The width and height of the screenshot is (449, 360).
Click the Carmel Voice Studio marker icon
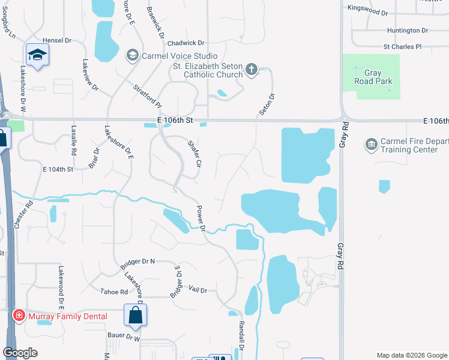coord(131,56)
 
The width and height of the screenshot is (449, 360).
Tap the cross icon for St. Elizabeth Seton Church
coord(252,70)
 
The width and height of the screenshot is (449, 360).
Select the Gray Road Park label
coord(372,77)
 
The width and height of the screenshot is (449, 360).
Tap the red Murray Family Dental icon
coord(19,316)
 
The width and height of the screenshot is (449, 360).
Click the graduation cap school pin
coord(37,56)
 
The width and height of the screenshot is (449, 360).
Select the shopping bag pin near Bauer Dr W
coord(136,316)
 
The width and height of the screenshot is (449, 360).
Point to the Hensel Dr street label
coord(57,40)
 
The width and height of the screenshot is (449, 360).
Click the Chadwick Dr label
coord(186,43)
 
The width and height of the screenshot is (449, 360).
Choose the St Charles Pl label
coord(403,46)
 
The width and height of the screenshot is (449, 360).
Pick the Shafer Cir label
coord(194,154)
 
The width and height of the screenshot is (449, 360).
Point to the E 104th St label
coord(57,170)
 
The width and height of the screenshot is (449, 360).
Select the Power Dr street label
coord(201,219)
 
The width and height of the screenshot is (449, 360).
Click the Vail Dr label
coord(197,290)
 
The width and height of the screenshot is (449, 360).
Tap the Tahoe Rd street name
coord(115,292)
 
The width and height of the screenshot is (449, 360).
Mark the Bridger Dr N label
coord(137,263)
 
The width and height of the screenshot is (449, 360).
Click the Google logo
coord(20,353)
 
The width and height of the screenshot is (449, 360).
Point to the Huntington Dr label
coord(407,30)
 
